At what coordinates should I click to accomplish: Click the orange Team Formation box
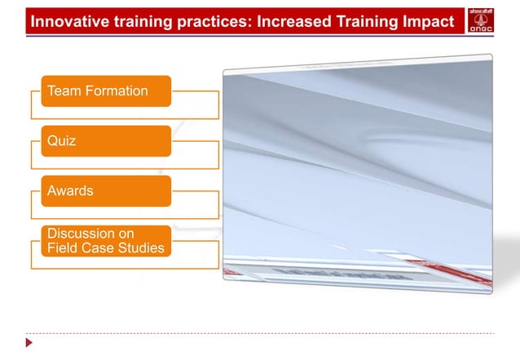pos(106,91)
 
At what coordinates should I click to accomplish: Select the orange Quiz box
pos(106,141)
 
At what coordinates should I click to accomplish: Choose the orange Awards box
pos(106,191)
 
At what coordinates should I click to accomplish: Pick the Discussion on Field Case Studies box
pos(106,241)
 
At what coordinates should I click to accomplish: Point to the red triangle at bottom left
pos(30,343)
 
